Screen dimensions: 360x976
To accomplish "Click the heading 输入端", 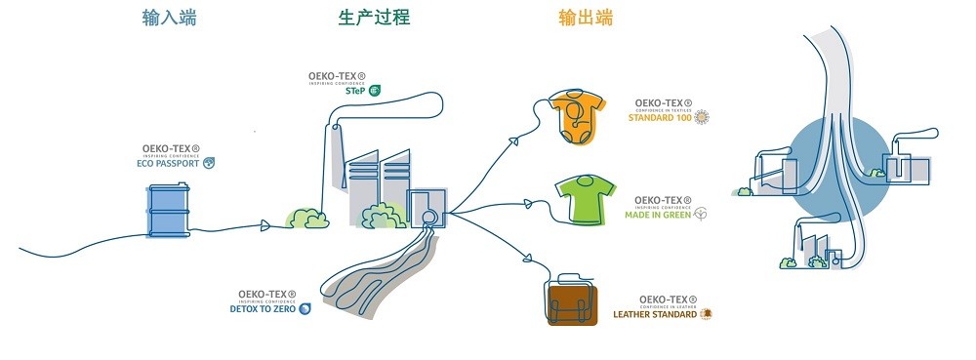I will [x=169, y=18].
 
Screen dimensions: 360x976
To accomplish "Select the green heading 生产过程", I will [x=373, y=18].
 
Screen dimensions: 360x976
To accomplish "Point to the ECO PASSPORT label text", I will [x=169, y=163].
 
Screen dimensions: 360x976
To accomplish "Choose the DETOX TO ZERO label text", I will [x=263, y=309].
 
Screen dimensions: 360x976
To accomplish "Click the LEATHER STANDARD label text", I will [x=654, y=315].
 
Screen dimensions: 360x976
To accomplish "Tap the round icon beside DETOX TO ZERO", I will [x=305, y=309].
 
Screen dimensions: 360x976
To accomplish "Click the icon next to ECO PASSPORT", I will [x=207, y=163].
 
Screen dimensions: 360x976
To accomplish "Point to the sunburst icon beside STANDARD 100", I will [x=701, y=118].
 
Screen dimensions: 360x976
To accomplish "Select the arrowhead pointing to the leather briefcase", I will [x=527, y=260].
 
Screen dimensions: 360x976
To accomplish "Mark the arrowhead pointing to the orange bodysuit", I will [x=517, y=142].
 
